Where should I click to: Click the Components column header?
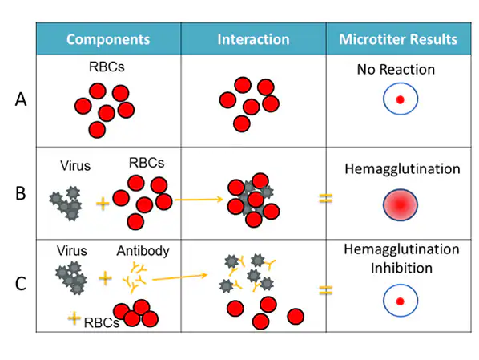[107, 39]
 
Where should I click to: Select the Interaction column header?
[253, 39]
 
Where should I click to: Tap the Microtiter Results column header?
[398, 39]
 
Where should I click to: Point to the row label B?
[22, 193]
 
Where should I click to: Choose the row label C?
[22, 284]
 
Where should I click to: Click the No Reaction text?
[396, 70]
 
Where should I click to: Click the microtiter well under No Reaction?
[399, 100]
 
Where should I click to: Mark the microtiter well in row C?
[399, 301]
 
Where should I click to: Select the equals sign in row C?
[326, 289]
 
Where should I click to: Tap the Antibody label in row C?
[143, 252]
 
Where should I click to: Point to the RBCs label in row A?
[107, 68]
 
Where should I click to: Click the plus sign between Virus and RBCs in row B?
[102, 204]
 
